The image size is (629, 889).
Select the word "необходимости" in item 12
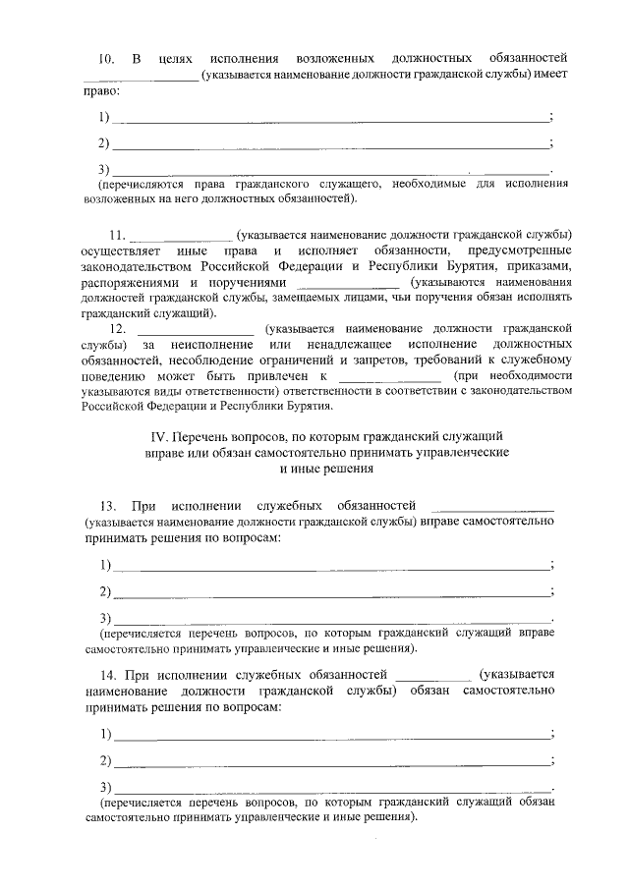(524, 376)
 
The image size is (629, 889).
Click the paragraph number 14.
(108, 675)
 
